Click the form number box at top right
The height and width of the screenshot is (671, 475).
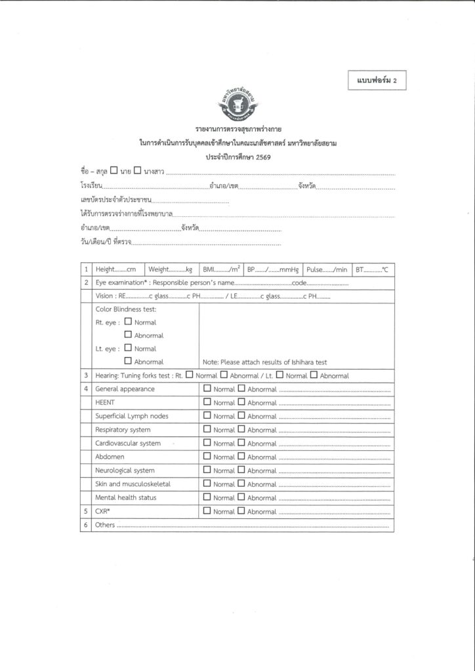pos(379,81)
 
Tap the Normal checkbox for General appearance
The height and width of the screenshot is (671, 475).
pos(207,389)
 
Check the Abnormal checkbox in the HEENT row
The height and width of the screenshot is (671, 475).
pos(241,403)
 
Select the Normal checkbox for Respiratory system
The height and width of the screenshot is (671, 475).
pos(207,430)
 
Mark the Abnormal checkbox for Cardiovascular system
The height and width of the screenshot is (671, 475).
pos(241,444)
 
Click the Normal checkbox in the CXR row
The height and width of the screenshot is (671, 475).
pos(207,511)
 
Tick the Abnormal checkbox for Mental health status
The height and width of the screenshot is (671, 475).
pos(241,498)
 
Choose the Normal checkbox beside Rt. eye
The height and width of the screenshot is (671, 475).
pos(128,322)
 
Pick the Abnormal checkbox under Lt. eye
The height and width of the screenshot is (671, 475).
pos(128,361)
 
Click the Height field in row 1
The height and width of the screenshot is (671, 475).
pos(115,269)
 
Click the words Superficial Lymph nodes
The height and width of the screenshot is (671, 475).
pos(131,416)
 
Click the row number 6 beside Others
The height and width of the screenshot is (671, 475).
pos(86,526)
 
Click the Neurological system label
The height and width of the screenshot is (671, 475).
pos(125,470)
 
